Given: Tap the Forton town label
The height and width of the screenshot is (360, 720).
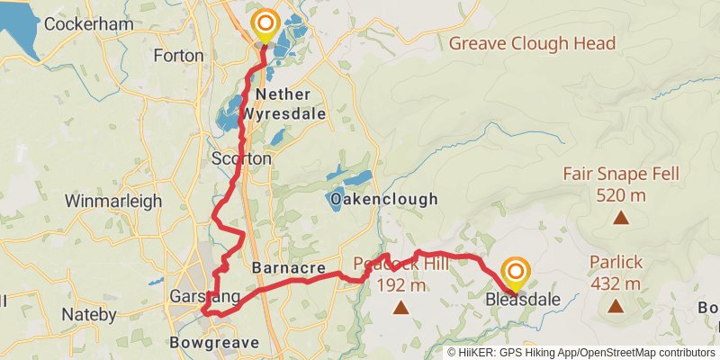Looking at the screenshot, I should coord(178,55).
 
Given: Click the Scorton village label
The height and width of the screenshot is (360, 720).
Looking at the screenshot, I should coord(240,158).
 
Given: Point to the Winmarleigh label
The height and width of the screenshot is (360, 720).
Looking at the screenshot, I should coord(113,201).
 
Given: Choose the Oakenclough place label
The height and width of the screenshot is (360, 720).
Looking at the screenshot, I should coord(383,199).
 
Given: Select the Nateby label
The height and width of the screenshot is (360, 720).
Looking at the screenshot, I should coord(89,315).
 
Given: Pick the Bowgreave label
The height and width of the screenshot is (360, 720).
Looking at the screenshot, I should coord(214,343).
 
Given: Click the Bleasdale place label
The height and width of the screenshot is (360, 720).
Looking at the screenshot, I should coord(523,300).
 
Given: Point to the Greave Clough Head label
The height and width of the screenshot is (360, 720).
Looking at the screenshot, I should coord(532,43).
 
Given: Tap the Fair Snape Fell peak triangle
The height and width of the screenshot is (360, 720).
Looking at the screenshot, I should coord(621,217).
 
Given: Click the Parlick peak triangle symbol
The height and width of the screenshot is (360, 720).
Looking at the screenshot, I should coord(616,306).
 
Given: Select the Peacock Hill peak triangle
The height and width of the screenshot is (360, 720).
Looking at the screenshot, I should coord(400,309).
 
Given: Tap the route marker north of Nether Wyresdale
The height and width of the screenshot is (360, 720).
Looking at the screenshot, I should coord(265,24).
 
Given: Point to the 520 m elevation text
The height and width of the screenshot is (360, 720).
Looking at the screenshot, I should coord(621,193).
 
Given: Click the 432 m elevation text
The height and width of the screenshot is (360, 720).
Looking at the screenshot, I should coord(616,283).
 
